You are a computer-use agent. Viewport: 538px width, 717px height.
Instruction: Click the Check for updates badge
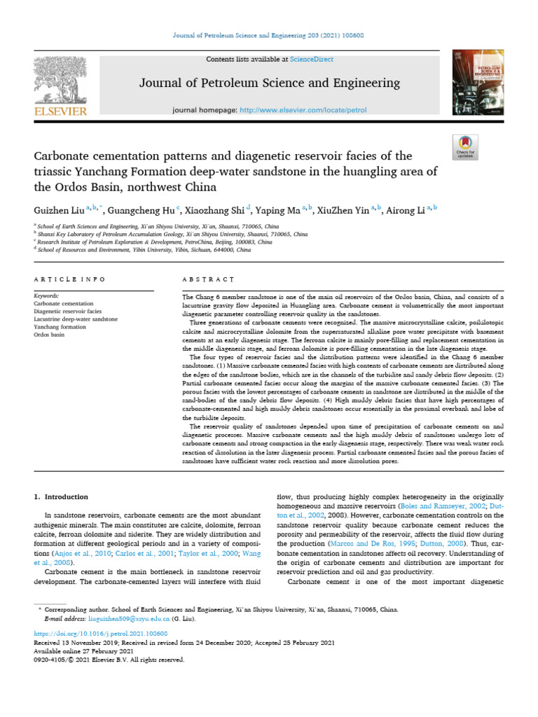pyautogui.click(x=465, y=145)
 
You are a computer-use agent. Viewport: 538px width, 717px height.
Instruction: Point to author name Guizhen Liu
pyautogui.click(x=59, y=209)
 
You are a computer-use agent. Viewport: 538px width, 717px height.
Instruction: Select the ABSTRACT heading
pyautogui.click(x=208, y=279)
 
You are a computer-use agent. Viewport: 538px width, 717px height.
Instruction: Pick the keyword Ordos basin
pyautogui.click(x=49, y=334)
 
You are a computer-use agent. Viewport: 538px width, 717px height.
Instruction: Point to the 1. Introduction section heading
pyautogui.click(x=62, y=496)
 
